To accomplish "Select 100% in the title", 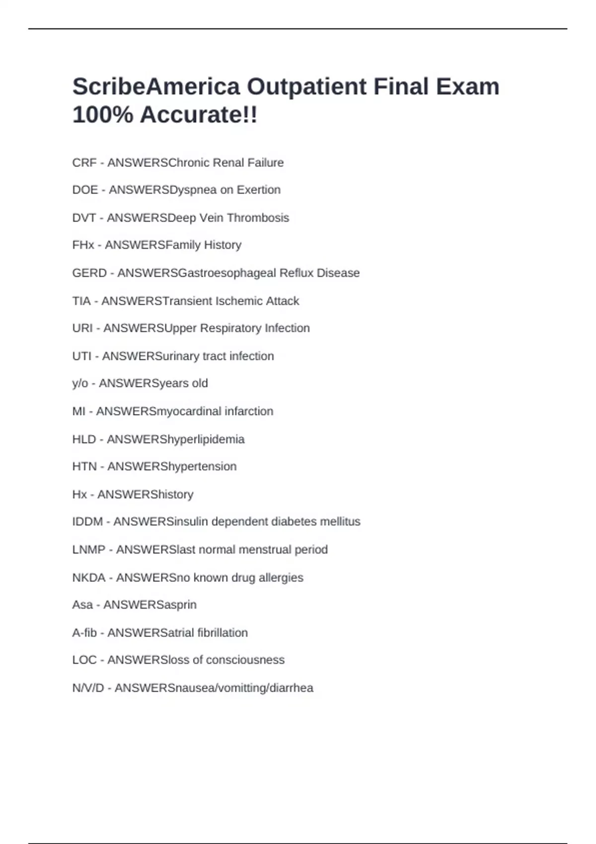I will coord(103,115).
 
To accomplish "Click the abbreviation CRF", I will coord(84,163).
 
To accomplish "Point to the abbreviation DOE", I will coord(85,190).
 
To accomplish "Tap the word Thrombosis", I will coord(258,218).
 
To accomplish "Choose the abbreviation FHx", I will coord(83,245).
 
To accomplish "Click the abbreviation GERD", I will coord(89,273).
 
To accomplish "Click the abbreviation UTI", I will coord(81,356).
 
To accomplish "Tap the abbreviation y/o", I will coord(80,384).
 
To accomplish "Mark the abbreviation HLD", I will coord(84,439).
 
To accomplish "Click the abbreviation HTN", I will coord(84,467).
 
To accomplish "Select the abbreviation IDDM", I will coord(87,522).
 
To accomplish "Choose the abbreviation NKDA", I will coord(89,578).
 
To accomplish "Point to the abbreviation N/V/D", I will coord(88,688).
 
